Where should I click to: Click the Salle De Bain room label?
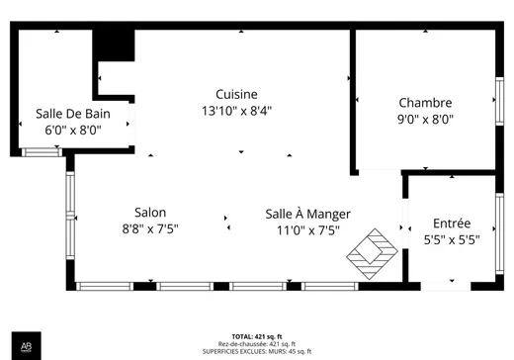coord(73,114)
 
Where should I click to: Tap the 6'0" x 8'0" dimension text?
coord(73,130)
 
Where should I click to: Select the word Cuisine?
coord(236,94)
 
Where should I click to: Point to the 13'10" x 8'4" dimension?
coord(236,111)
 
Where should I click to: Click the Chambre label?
coord(425,103)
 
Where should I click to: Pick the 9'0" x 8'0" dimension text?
coord(425,119)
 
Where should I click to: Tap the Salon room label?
coord(150,213)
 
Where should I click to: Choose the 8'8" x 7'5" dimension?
coord(150,229)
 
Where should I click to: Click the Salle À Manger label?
coord(308,214)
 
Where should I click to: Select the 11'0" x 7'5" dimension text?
coord(308,230)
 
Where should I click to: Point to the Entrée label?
coord(452,224)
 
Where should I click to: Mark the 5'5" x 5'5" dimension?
coord(452,239)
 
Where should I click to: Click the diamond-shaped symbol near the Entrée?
coord(373,252)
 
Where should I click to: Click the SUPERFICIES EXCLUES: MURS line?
coord(257,352)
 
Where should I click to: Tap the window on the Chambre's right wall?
coord(499,103)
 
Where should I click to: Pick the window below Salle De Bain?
coord(42,151)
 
